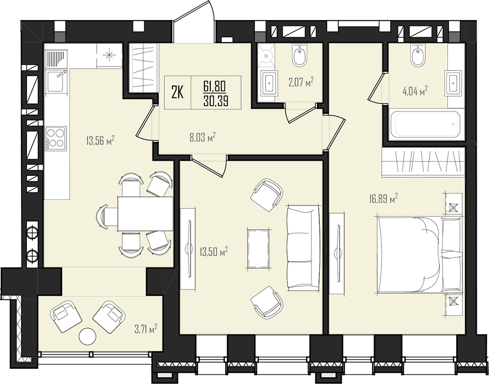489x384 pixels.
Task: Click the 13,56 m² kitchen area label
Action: (x=100, y=140)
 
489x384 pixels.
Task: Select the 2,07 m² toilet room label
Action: (x=301, y=82)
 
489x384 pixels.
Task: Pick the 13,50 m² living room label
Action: (x=214, y=251)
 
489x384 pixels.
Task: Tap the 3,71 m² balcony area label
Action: (x=145, y=329)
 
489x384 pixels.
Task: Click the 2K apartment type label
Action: (x=177, y=93)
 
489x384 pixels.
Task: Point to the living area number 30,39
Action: (x=216, y=101)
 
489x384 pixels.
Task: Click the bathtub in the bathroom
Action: (x=426, y=124)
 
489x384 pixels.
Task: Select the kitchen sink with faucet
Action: (x=56, y=81)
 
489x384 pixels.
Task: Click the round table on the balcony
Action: (x=88, y=336)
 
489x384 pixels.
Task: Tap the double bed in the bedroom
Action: (x=420, y=255)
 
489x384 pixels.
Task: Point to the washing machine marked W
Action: (x=266, y=56)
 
